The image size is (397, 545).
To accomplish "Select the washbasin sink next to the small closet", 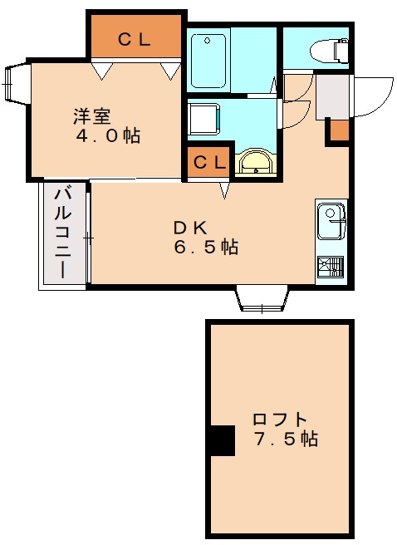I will (x=257, y=163).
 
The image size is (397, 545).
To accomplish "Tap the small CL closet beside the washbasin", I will (x=208, y=162).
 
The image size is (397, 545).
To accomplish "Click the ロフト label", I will (x=281, y=420).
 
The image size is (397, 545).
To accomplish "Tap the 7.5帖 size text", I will (x=284, y=439).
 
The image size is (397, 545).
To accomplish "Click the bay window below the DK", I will (x=262, y=300).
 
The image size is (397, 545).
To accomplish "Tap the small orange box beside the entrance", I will (x=338, y=130).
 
